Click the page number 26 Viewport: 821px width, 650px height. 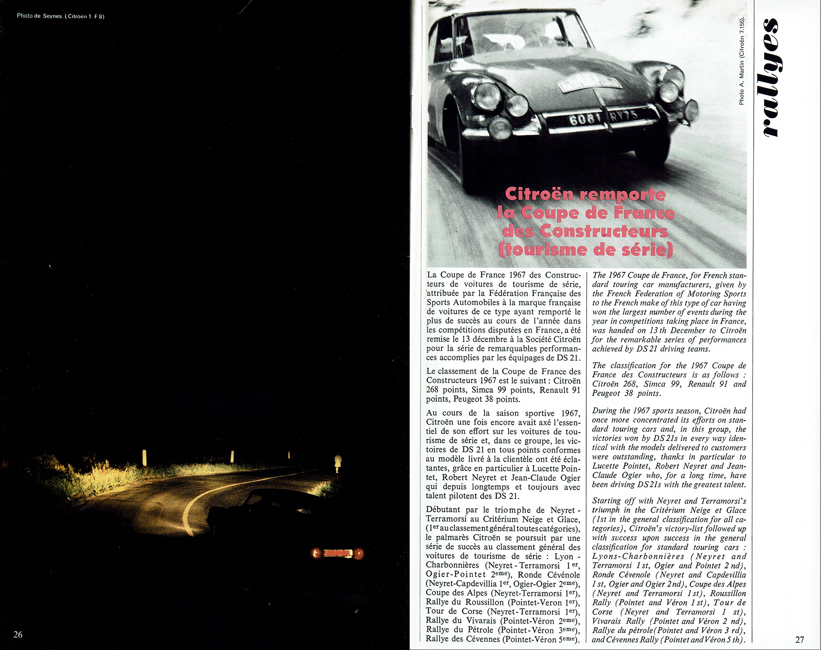coord(18,634)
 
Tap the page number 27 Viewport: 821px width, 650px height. coord(799,639)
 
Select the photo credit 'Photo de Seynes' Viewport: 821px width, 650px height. coord(40,16)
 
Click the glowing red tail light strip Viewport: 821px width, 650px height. coord(338,554)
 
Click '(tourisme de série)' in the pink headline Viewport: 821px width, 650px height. coord(585,249)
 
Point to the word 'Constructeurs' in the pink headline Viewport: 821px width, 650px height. coord(603,231)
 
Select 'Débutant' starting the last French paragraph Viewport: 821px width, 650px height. coord(443,510)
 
